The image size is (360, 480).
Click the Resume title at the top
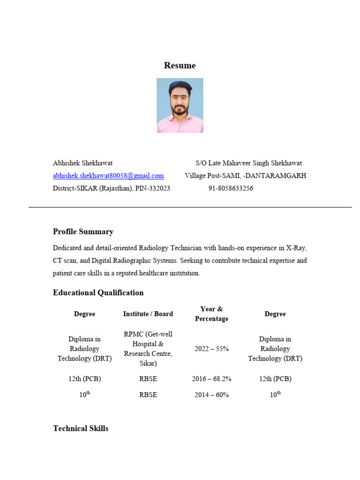pyautogui.click(x=180, y=66)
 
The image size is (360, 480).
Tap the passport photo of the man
pyautogui.click(x=180, y=105)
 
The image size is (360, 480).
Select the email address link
pyautogui.click(x=108, y=176)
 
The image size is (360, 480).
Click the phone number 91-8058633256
pyautogui.click(x=231, y=188)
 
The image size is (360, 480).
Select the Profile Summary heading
pyautogui.click(x=83, y=232)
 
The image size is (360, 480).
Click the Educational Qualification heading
pyautogui.click(x=98, y=293)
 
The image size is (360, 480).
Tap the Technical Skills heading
pyautogui.click(x=81, y=428)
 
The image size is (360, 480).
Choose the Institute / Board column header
pyautogui.click(x=148, y=314)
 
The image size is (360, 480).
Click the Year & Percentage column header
pyautogui.click(x=211, y=314)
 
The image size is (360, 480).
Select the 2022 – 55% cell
pyautogui.click(x=211, y=349)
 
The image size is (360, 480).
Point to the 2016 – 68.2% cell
pyautogui.click(x=211, y=379)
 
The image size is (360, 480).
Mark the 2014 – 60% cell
pyautogui.click(x=211, y=395)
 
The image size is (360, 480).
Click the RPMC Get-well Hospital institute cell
pyautogui.click(x=148, y=349)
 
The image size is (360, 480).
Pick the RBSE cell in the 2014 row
pyautogui.click(x=148, y=395)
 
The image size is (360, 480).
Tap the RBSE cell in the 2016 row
pyautogui.click(x=148, y=379)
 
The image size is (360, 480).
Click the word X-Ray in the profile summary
pyautogui.click(x=297, y=247)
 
